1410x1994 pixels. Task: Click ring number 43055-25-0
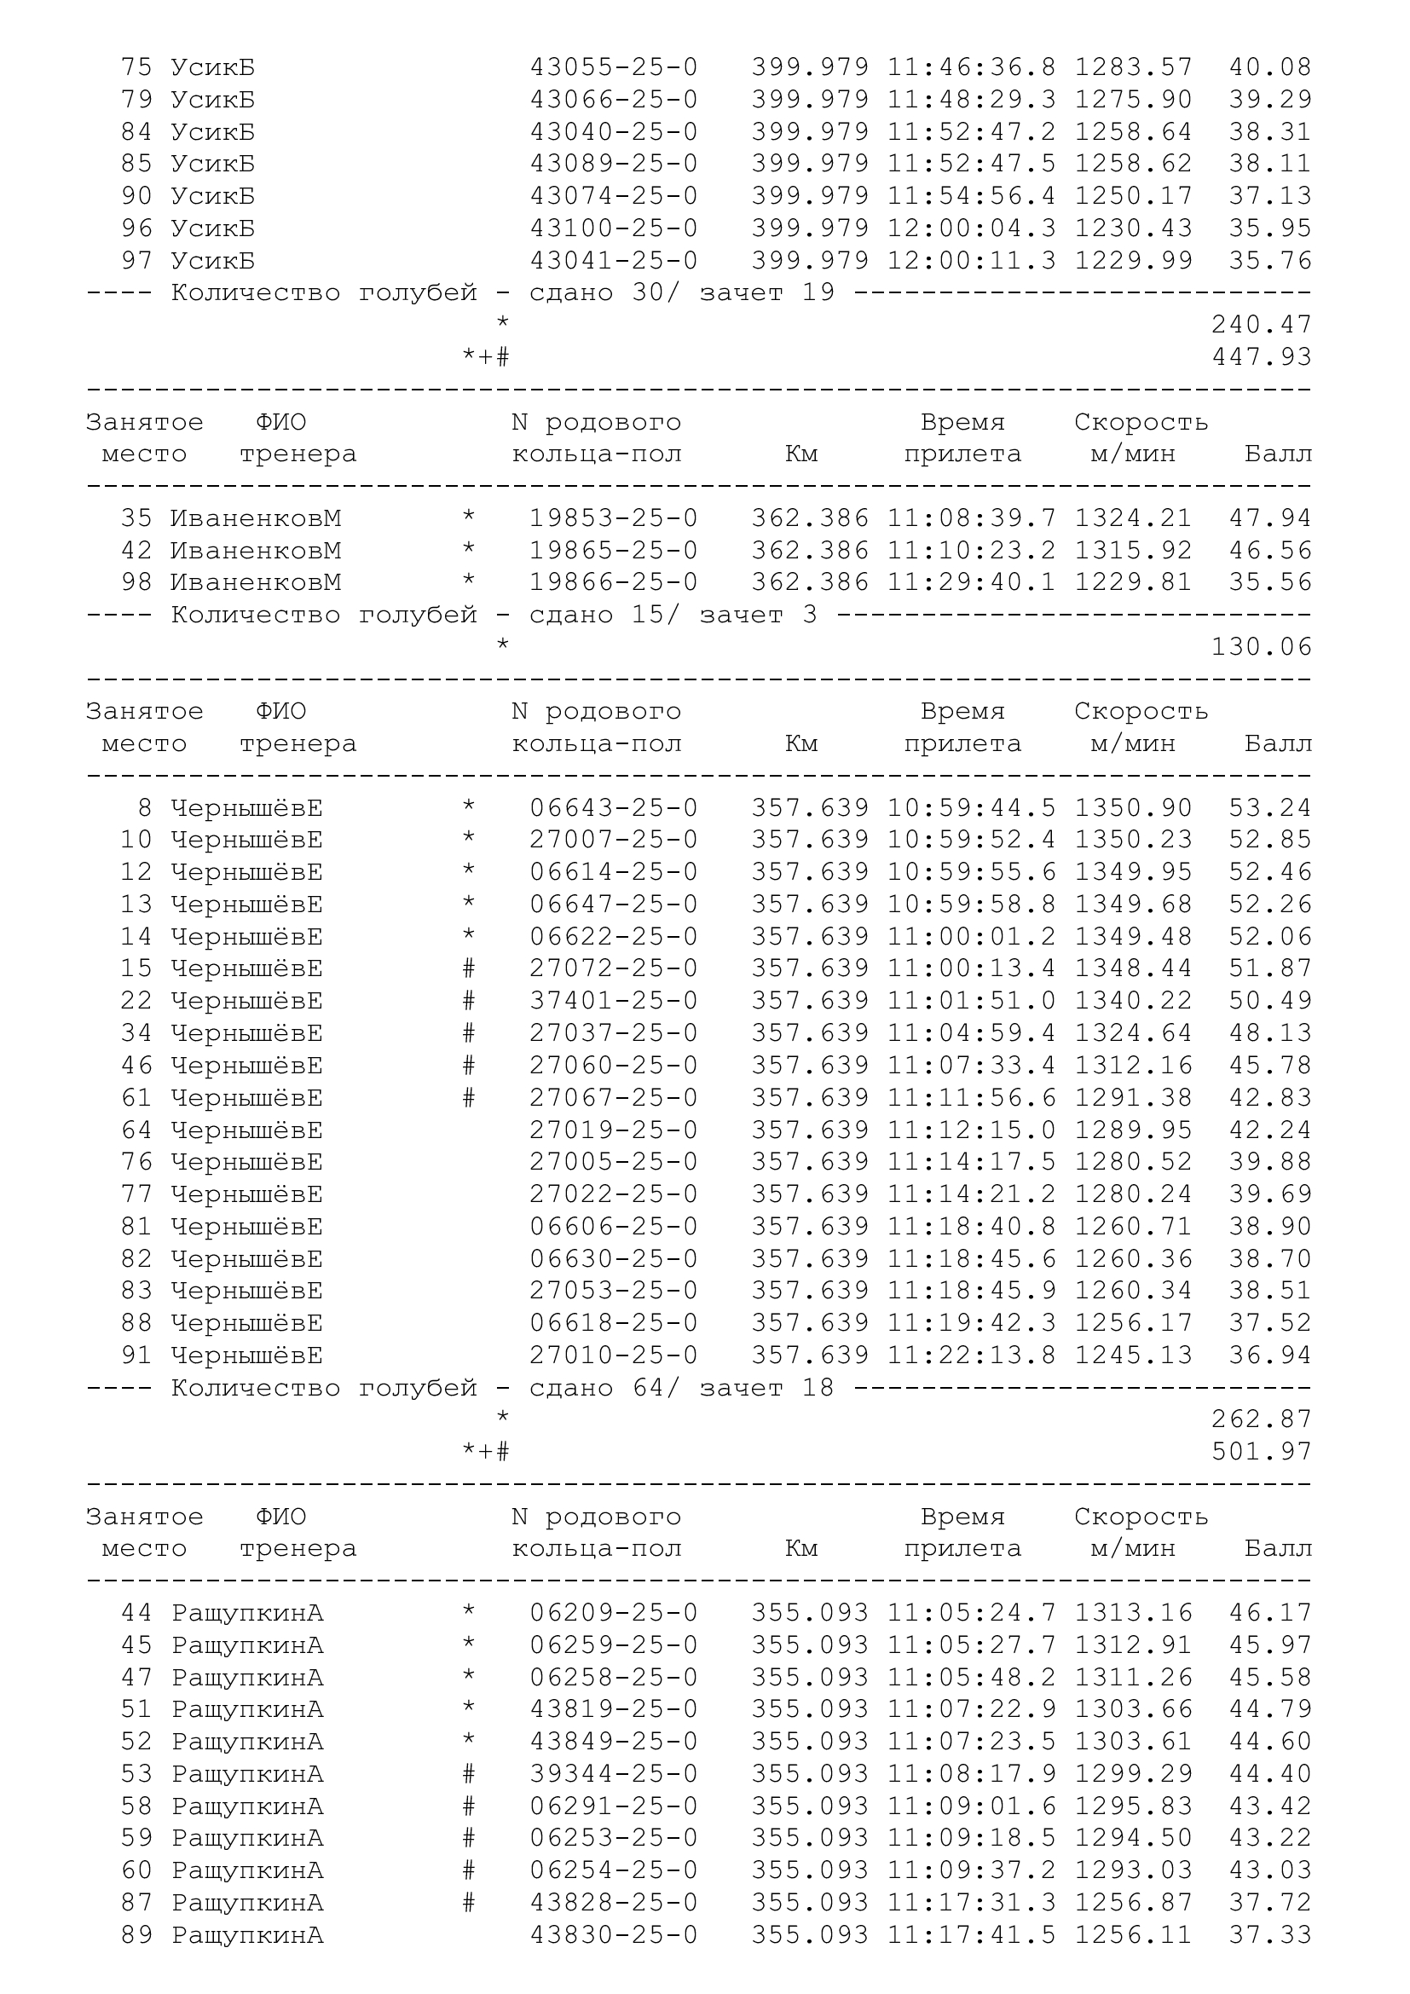click(613, 67)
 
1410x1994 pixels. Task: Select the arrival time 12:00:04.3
click(971, 228)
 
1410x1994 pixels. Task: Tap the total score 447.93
click(1261, 357)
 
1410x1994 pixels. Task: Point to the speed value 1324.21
click(1133, 518)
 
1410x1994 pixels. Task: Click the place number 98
click(136, 583)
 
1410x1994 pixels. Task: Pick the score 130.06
click(1261, 647)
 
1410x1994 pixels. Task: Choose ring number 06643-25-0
click(613, 808)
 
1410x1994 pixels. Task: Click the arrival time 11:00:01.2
click(971, 937)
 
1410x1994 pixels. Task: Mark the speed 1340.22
click(1133, 1002)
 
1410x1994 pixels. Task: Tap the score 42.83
click(1269, 1098)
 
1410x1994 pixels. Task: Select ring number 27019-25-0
click(613, 1130)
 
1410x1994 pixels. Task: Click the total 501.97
click(1261, 1452)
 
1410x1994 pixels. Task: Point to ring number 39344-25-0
click(613, 1774)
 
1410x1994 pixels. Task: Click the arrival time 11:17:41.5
click(971, 1936)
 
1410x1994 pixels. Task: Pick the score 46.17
click(1269, 1613)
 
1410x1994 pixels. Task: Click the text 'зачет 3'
click(758, 616)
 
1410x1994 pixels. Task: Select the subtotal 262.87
click(1261, 1419)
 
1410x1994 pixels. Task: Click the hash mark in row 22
click(469, 1002)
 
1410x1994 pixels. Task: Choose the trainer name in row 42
click(255, 551)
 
